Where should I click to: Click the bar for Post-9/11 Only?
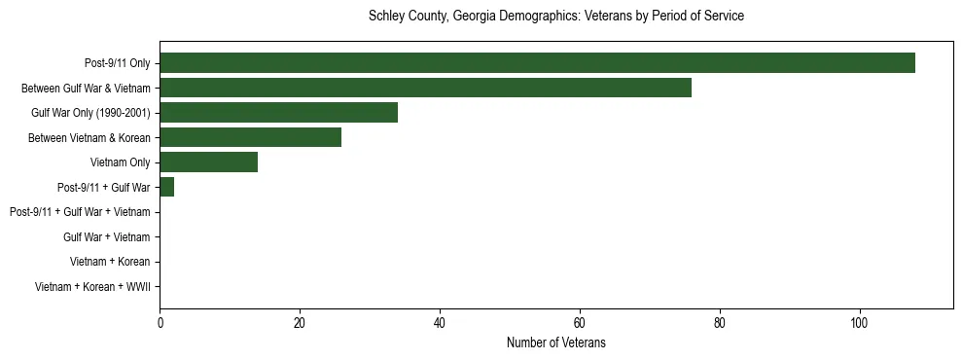pos(537,63)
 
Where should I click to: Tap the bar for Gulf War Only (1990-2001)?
pos(278,113)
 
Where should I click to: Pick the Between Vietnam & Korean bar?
pos(250,137)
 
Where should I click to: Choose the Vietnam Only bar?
pos(208,162)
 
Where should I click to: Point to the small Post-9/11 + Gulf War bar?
pos(166,187)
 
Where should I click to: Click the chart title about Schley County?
pos(555,17)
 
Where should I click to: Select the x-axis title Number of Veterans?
pos(555,342)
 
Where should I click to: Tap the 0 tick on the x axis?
pos(160,323)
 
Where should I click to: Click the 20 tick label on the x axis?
pos(300,323)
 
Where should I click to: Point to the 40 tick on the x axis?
pos(440,323)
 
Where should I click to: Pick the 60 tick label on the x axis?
pos(579,323)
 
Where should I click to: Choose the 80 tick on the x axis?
pos(719,323)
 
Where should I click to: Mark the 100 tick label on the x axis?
pos(859,323)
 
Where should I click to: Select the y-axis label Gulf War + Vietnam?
pos(106,237)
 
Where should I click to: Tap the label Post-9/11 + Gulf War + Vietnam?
pos(80,212)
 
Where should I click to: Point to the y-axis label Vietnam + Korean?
pos(110,262)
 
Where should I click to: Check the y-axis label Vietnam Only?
pos(120,162)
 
